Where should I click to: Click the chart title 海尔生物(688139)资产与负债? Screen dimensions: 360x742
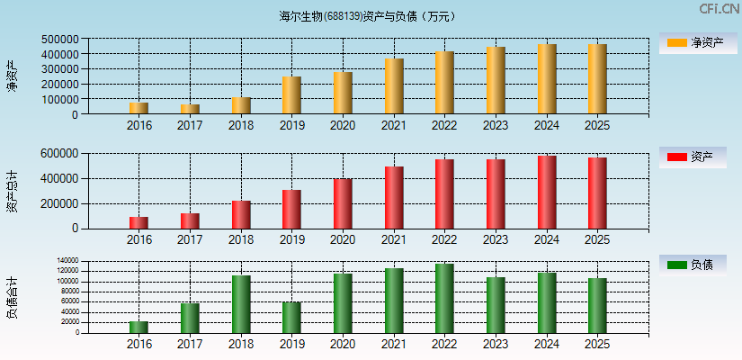point(368,16)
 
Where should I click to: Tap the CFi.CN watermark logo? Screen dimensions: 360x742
point(720,9)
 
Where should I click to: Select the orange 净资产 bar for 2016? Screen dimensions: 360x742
point(139,108)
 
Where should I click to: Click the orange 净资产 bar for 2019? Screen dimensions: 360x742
point(291,95)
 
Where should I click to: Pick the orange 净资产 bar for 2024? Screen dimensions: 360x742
point(546,79)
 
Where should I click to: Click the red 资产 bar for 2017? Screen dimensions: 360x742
point(190,220)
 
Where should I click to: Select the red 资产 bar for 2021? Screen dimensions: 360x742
point(393,197)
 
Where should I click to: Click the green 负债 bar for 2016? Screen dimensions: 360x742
point(139,327)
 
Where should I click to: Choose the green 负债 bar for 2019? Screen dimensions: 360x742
point(291,317)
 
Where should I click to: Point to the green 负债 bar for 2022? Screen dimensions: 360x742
point(444,298)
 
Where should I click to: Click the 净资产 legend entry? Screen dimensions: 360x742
point(693,42)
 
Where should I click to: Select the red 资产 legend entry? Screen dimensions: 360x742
point(693,157)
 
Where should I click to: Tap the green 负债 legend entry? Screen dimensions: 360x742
point(693,265)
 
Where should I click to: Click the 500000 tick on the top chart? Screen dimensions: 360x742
point(58,40)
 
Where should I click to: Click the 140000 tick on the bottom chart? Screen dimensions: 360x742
point(67,261)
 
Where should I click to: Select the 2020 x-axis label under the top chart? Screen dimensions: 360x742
point(343,125)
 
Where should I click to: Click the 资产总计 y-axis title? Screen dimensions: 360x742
point(13,190)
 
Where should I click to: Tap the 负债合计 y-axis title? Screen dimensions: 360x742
point(13,298)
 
